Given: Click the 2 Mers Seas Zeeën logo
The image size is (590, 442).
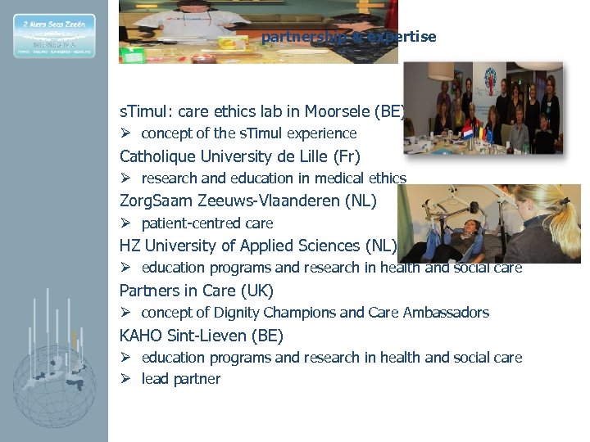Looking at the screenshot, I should click(54, 35).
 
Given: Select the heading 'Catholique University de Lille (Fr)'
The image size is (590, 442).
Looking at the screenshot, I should click(239, 156).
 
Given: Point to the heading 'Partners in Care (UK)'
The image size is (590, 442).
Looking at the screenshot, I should click(196, 291).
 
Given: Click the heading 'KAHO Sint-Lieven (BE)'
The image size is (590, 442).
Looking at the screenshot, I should click(201, 336).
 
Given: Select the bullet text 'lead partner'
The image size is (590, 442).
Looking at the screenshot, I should click(180, 379).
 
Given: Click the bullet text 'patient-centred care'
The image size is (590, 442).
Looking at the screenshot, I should click(206, 223).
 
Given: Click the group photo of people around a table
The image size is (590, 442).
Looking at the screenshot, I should click(483, 107).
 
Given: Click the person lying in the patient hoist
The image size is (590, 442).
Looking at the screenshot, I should click(447, 238).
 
